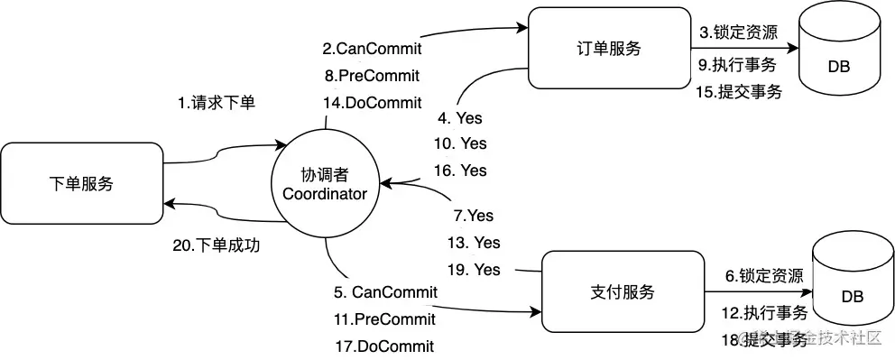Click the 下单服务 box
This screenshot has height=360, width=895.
(x=81, y=184)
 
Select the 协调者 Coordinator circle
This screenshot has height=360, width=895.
(x=325, y=184)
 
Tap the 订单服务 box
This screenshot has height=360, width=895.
(x=609, y=49)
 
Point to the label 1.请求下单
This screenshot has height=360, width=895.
(x=216, y=103)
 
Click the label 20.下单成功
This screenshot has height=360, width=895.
(x=216, y=245)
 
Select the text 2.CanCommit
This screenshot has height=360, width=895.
(x=371, y=46)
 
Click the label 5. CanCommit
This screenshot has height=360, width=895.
(x=385, y=291)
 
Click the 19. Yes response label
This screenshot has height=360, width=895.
(x=474, y=270)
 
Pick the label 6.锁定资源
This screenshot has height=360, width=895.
(x=764, y=276)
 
